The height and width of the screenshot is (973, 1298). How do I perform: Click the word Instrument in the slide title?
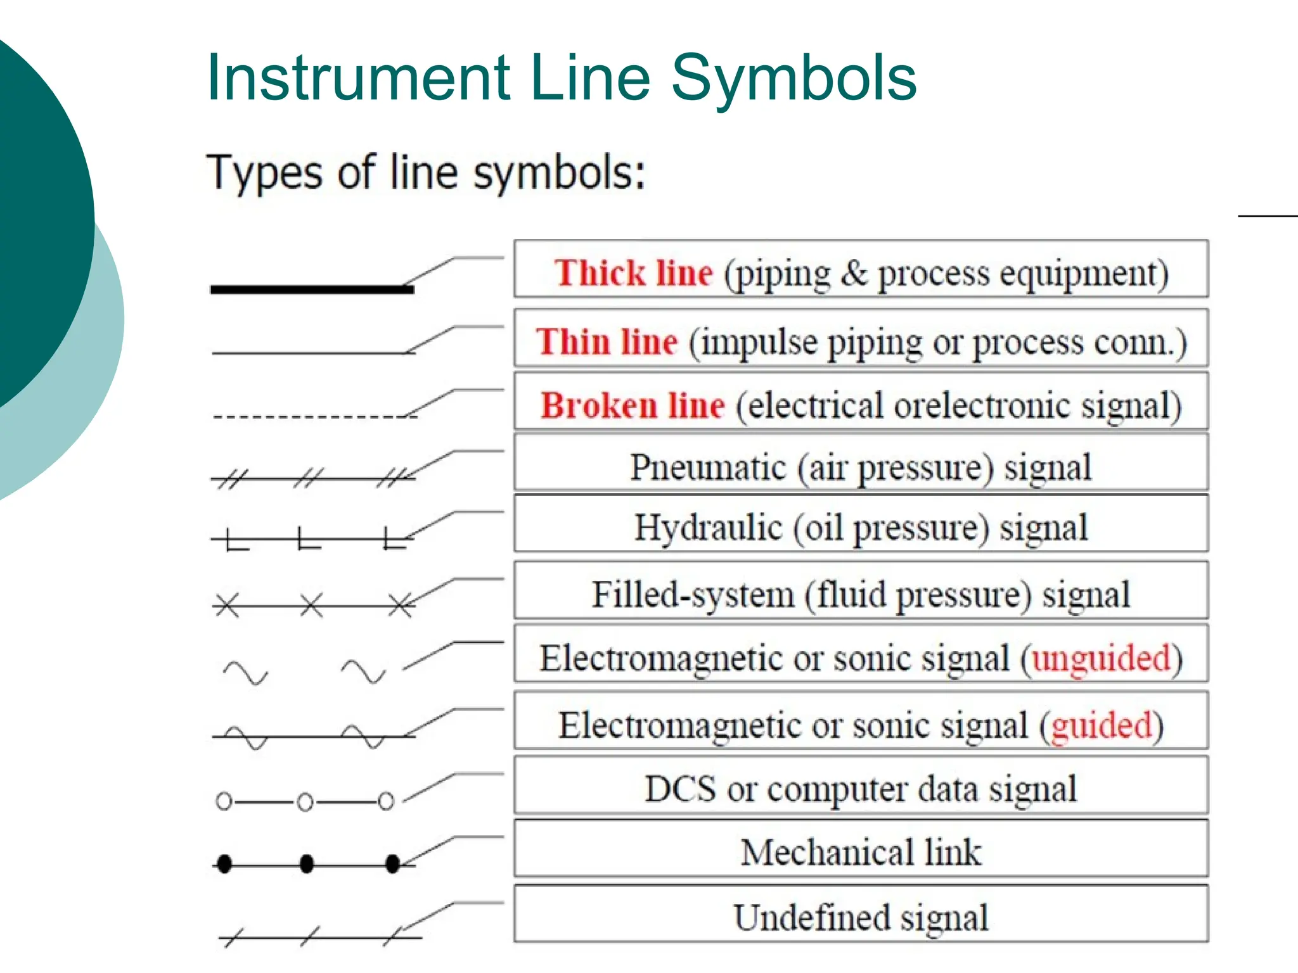tap(359, 78)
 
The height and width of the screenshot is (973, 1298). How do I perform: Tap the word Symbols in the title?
tap(794, 79)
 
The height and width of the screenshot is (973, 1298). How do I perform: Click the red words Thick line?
tap(634, 273)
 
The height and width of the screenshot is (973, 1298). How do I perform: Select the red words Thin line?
tap(607, 341)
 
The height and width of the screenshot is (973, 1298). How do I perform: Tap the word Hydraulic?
tap(708, 528)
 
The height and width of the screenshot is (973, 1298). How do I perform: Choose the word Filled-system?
tap(693, 594)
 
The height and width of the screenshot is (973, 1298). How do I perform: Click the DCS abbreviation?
tap(680, 789)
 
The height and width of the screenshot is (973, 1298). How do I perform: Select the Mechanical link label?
tap(861, 852)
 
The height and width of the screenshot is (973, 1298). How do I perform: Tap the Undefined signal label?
tap(861, 917)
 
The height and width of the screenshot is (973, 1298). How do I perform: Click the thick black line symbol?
tap(312, 289)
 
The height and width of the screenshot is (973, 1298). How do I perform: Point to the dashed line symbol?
tap(314, 417)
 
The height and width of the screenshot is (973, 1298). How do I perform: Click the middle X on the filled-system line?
tap(311, 606)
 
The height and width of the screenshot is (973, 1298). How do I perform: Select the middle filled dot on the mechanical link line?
tap(307, 863)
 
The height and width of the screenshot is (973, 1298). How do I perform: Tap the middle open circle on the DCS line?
tap(305, 803)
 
